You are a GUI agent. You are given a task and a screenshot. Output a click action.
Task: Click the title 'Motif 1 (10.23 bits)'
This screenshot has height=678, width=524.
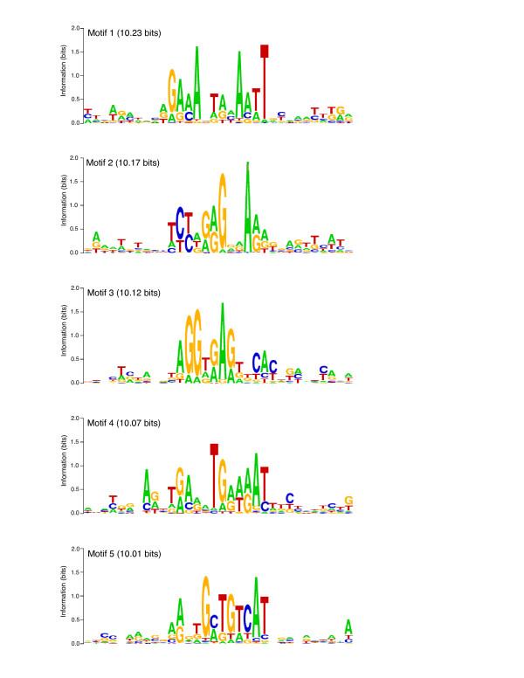pyautogui.click(x=123, y=33)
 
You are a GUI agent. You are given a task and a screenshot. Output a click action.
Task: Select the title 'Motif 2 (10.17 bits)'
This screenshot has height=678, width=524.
pyautogui.click(x=123, y=163)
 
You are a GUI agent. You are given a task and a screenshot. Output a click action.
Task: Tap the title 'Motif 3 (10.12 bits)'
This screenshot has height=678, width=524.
pyautogui.click(x=123, y=292)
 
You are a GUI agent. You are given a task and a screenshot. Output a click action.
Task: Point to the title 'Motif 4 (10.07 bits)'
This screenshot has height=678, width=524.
pyautogui.click(x=123, y=422)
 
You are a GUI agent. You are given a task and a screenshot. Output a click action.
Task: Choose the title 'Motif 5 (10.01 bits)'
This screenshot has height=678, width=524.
pyautogui.click(x=123, y=552)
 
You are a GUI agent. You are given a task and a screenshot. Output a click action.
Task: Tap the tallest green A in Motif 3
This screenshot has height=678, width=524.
pyautogui.click(x=223, y=336)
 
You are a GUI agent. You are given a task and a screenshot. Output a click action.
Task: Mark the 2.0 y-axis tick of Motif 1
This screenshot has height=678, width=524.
pyautogui.click(x=74, y=28)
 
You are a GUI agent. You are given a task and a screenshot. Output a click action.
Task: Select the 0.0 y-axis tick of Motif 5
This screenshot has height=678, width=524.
pyautogui.click(x=74, y=643)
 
